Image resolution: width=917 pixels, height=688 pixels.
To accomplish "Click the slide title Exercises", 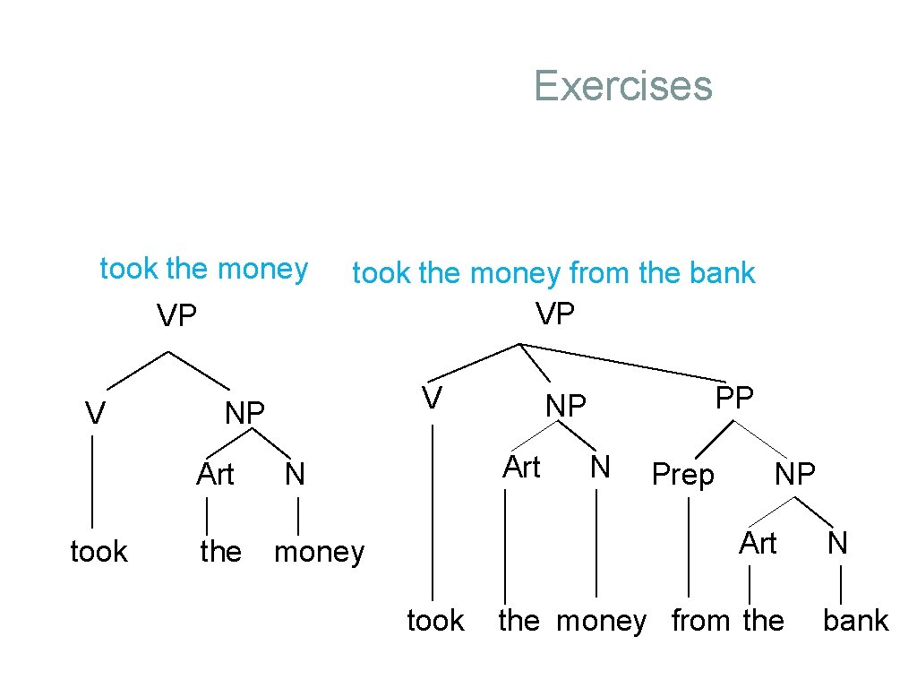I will click(622, 86).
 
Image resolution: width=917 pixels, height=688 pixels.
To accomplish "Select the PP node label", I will click(735, 398).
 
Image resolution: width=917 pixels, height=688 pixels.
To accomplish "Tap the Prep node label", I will click(682, 475).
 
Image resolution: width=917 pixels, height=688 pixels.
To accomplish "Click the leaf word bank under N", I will click(855, 620).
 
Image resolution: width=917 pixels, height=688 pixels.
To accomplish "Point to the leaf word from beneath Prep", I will click(701, 620).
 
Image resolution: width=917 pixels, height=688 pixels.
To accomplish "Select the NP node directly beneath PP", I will click(795, 474).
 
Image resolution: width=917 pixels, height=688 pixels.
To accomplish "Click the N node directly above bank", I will click(837, 543).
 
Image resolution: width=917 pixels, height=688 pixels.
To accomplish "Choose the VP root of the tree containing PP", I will click(555, 314).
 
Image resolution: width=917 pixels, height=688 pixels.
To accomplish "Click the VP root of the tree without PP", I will click(176, 315).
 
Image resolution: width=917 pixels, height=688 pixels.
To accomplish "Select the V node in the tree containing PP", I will click(433, 398).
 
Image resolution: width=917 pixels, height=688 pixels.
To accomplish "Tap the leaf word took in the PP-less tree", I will click(99, 552).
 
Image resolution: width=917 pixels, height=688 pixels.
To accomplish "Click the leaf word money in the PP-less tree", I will click(319, 552).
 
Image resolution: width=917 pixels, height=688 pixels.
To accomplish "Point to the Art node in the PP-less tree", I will click(215, 474).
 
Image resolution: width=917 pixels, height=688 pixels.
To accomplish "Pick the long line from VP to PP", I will click(627, 363).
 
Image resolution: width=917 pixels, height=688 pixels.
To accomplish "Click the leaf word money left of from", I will click(601, 620).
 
